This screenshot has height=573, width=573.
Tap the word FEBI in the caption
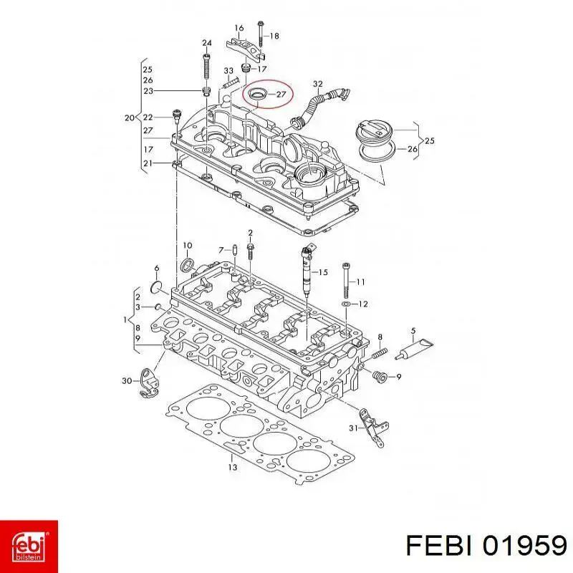tap(440, 546)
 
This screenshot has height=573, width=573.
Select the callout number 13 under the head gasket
tap(232, 467)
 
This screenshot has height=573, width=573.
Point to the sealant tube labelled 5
tap(415, 349)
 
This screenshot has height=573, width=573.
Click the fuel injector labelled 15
tap(307, 271)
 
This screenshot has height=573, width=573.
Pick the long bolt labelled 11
tap(347, 280)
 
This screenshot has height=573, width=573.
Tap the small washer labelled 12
tap(346, 304)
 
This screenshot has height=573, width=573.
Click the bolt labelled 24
tap(206, 66)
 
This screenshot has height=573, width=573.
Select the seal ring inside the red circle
tap(256, 95)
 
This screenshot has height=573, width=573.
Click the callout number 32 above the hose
tap(318, 84)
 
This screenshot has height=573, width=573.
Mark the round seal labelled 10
tap(188, 265)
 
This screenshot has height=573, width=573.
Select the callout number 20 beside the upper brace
tap(130, 117)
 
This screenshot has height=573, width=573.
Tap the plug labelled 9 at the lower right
tap(380, 377)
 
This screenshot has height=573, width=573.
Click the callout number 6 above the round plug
tap(157, 268)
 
